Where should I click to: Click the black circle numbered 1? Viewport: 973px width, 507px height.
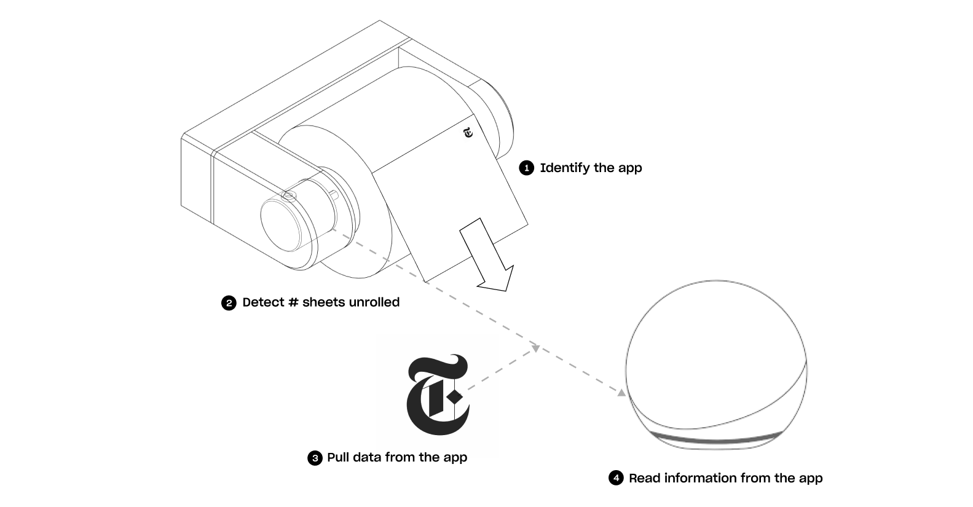tap(527, 168)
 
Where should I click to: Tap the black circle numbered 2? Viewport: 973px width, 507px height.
tap(229, 303)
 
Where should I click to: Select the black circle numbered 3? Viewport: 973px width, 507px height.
tap(315, 458)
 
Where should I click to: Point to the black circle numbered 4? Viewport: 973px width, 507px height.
tap(616, 478)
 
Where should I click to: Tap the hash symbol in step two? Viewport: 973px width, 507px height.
tap(294, 302)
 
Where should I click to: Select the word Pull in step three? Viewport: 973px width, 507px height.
tap(339, 457)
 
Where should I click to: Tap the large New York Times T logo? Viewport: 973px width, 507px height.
tap(438, 395)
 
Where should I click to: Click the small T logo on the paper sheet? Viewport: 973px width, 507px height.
tap(468, 133)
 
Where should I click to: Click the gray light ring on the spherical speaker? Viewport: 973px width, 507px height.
tap(716, 438)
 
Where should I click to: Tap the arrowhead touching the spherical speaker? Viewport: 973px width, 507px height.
tap(621, 393)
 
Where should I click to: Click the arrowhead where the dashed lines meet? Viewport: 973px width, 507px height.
tap(535, 348)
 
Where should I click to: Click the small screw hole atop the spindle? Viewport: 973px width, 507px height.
tap(288, 196)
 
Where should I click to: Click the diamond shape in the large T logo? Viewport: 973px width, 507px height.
tap(455, 396)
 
